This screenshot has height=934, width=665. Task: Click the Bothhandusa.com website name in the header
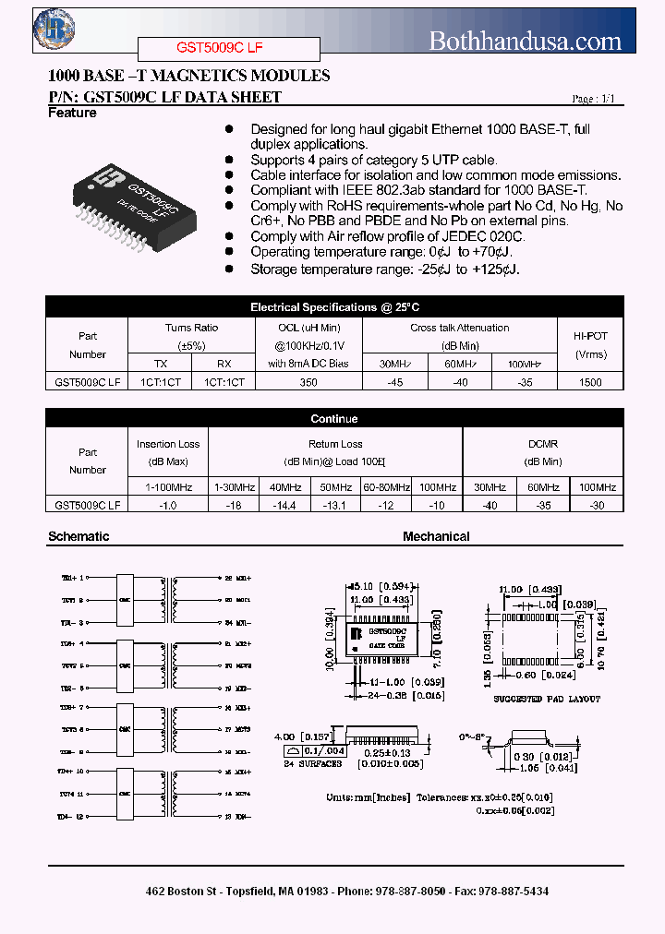tap(526, 41)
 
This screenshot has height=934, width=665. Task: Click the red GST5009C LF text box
tap(228, 48)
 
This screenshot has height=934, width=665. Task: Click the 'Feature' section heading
tap(72, 114)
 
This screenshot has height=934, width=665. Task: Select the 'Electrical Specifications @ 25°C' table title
tap(334, 307)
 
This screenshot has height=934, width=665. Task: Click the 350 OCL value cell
tap(308, 381)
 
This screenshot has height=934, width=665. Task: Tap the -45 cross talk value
tap(396, 381)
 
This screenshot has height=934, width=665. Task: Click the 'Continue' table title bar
tap(334, 419)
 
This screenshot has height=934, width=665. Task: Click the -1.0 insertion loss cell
tap(168, 505)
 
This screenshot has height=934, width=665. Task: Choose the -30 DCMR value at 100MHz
tap(597, 505)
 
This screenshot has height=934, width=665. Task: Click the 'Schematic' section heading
tap(79, 536)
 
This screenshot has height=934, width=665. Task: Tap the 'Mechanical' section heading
tap(436, 536)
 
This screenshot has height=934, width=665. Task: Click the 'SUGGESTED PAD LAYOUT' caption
tap(546, 699)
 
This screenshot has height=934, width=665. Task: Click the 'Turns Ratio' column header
tap(191, 328)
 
